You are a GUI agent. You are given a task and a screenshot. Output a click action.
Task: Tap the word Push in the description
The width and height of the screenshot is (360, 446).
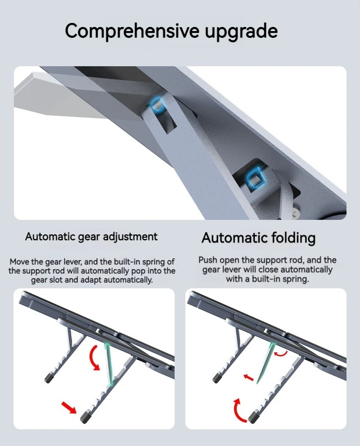point(208,260)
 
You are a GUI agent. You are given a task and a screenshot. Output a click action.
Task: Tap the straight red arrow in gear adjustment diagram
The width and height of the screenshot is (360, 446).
point(69,408)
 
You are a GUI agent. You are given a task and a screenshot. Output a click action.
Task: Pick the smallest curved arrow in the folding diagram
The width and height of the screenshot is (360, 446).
point(281,353)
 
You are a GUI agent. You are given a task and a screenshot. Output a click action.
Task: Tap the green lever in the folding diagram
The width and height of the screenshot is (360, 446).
point(264,363)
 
